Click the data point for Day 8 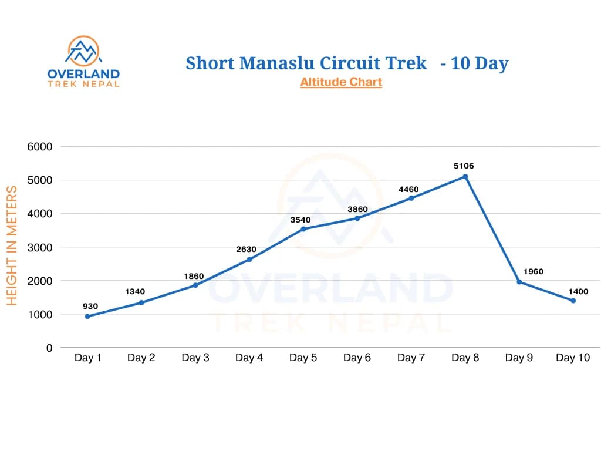pos(465,177)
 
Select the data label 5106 pos(464,166)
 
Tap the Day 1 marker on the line pos(87,317)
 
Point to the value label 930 pos(90,306)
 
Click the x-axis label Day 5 pos(303,358)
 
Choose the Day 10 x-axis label pos(573,358)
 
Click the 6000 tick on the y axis pos(40,147)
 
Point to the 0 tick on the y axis pos(49,348)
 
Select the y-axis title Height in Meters pos(12,245)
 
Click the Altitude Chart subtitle pos(341,82)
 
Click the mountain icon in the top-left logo pos(83,52)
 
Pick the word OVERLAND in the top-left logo pos(83,74)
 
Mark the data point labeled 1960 pos(519,282)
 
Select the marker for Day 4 pos(249,260)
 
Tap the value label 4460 pos(410,189)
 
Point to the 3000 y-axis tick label pos(40,247)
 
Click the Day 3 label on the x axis pos(195,358)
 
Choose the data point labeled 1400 pos(573,301)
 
